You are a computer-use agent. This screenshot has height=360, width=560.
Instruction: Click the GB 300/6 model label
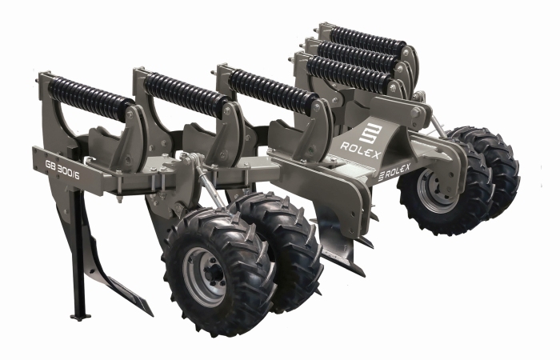(62, 170)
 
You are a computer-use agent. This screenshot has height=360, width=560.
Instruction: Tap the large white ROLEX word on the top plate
(361, 150)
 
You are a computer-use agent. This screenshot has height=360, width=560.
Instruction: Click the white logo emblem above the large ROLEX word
(370, 133)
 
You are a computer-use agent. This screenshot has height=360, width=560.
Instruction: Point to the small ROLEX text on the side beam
(394, 172)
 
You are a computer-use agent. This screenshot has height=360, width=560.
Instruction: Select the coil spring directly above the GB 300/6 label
(90, 97)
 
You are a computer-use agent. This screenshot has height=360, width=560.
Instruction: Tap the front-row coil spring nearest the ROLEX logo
(272, 90)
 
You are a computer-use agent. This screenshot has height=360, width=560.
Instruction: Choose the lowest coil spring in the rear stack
(348, 74)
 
